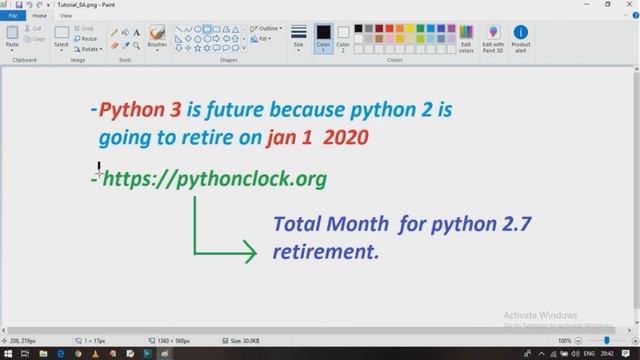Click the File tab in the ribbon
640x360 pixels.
tap(13, 16)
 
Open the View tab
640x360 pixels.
tap(65, 16)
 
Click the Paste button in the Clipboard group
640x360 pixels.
tap(12, 37)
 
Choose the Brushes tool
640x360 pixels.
tap(157, 37)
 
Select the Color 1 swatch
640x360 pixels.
tap(323, 37)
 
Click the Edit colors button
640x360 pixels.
tap(466, 38)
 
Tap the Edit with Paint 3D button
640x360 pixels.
tap(493, 38)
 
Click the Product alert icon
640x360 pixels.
tap(521, 38)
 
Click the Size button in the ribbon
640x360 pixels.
tap(298, 38)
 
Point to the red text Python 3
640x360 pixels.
tap(139, 109)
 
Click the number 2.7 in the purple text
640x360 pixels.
tap(510, 224)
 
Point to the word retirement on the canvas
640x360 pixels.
tap(326, 252)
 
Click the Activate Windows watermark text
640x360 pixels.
tap(540, 314)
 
